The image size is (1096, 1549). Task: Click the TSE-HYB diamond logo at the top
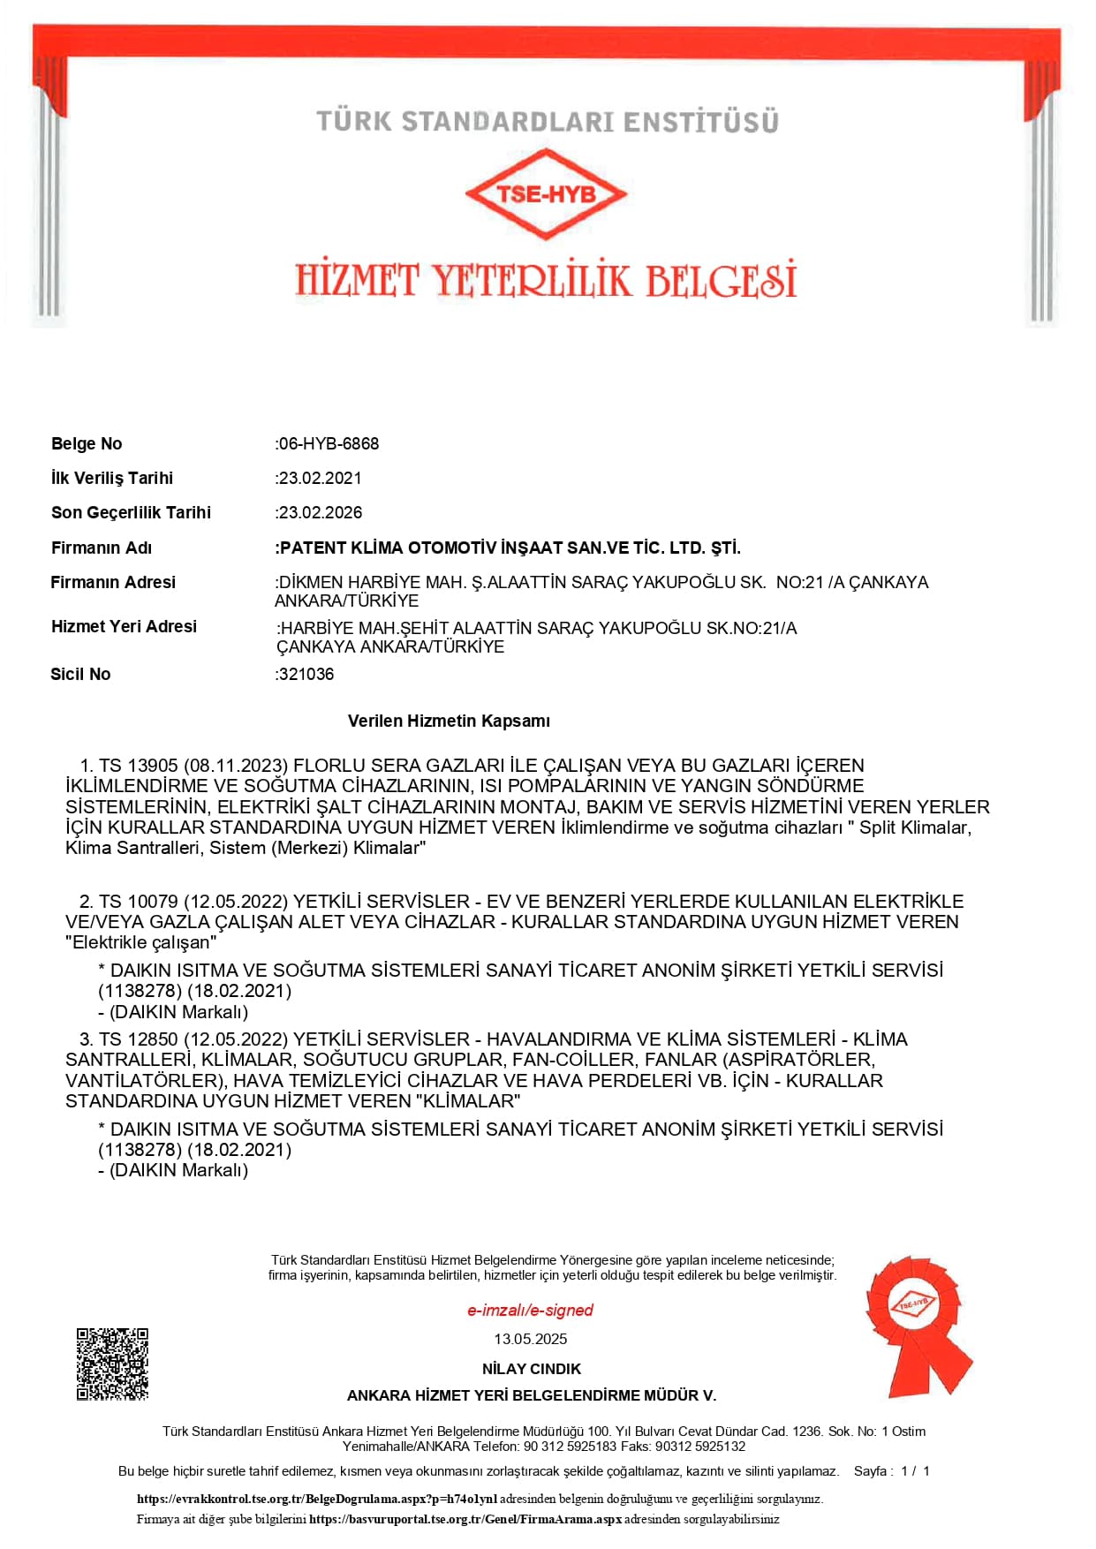tap(546, 193)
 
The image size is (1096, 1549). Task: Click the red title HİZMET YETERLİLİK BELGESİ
tap(546, 280)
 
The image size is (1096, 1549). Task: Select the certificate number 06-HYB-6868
tap(329, 443)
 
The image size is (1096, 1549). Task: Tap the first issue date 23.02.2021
tap(320, 478)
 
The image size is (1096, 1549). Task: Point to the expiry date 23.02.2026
tap(320, 512)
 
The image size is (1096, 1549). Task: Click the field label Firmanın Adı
tap(102, 548)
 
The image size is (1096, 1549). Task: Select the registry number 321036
tap(306, 674)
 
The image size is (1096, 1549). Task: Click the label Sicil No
tap(80, 674)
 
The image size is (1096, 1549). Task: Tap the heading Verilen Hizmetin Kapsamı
tap(449, 721)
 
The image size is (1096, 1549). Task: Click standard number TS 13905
tap(139, 766)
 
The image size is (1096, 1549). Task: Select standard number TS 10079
tap(139, 902)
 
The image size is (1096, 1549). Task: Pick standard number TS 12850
tap(139, 1039)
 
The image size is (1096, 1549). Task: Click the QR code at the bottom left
tap(112, 1364)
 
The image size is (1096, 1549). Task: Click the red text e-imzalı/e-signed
tap(530, 1311)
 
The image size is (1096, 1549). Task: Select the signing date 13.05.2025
tap(530, 1339)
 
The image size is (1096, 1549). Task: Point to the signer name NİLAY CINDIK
tap(531, 1369)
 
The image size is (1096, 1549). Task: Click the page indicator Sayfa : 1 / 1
tap(891, 1471)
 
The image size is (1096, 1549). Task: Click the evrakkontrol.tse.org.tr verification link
tap(317, 1499)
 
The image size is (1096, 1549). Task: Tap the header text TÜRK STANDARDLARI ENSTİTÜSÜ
tap(548, 121)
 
